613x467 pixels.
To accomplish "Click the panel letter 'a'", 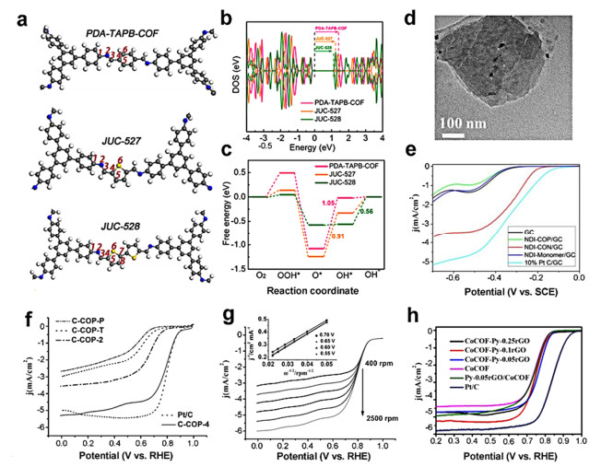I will click(15, 12).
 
